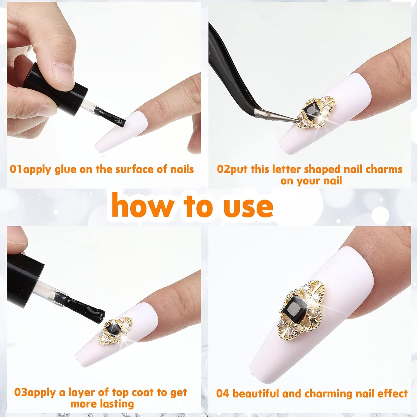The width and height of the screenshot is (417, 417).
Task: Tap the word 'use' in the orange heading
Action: tap(249, 207)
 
